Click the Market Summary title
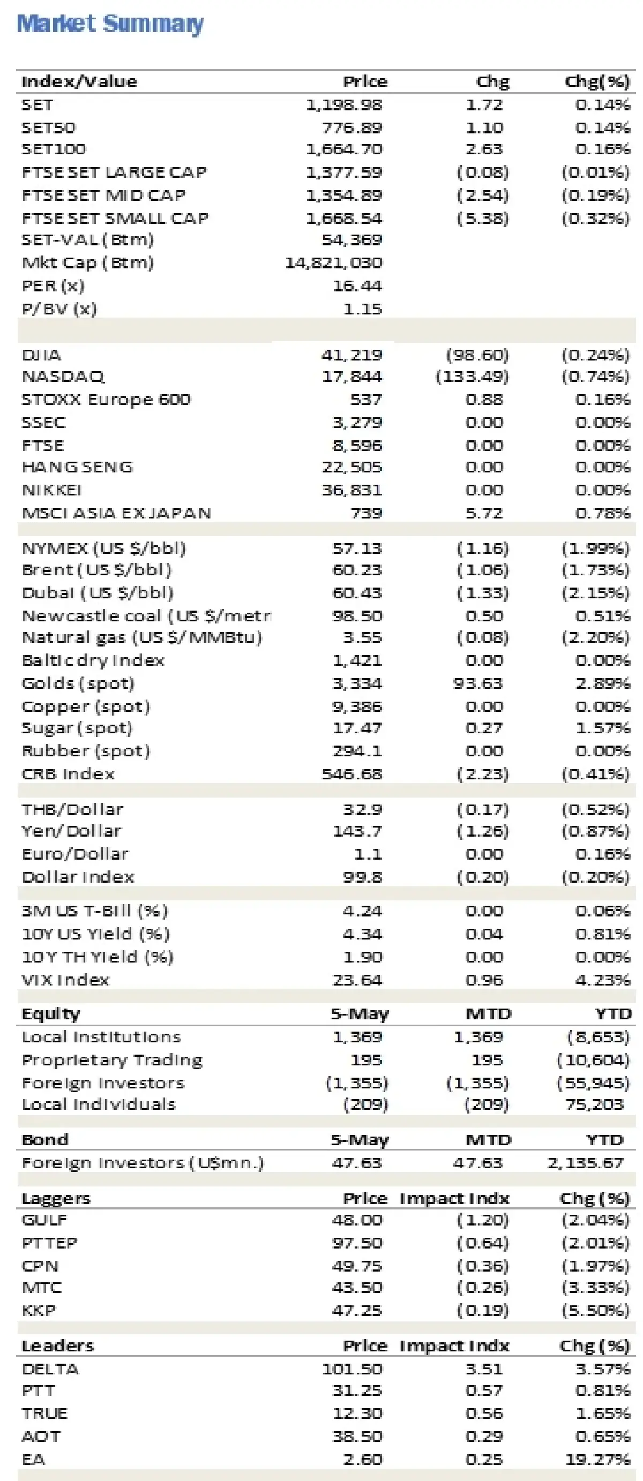[110, 24]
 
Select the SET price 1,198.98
[343, 105]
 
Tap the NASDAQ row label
[63, 377]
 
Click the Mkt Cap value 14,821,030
[334, 264]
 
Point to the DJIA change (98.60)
[477, 355]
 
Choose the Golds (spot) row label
[78, 683]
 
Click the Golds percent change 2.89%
[602, 683]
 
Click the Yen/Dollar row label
[71, 831]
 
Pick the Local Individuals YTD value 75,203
[594, 1104]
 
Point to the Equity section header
[50, 1013]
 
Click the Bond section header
[45, 1139]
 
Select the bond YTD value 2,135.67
[585, 1163]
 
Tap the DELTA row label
[50, 1369]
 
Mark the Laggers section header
[56, 1198]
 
